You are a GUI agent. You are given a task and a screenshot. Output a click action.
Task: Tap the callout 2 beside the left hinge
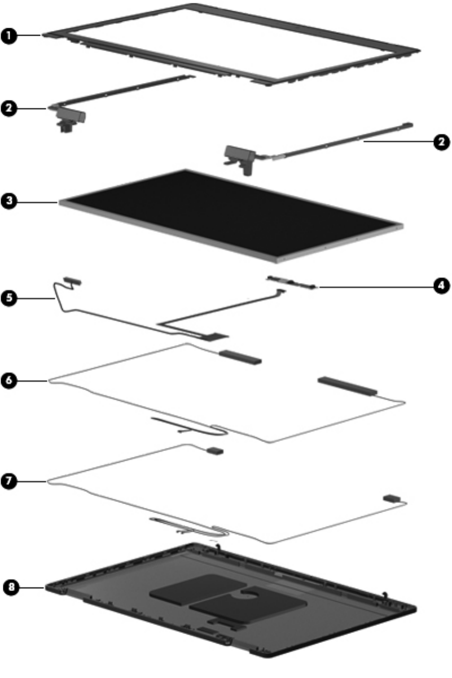(9, 108)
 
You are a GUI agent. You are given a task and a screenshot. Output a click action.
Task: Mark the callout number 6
(9, 380)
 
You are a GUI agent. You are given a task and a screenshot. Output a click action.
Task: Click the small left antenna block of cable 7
(216, 450)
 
